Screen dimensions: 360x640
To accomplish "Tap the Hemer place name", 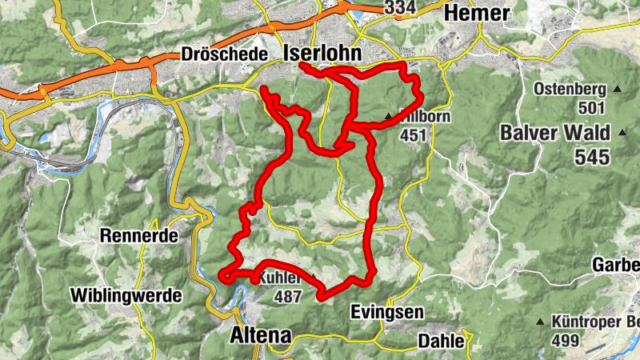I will click(476, 13).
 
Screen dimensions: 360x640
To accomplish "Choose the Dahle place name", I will click(441, 342).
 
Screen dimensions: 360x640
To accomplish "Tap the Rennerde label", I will click(138, 236).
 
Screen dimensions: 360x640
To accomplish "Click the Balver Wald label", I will click(554, 133).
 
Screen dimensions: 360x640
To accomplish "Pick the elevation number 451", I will click(414, 135).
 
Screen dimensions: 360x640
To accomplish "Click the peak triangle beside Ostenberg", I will click(617, 90).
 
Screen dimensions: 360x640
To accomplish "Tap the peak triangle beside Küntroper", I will click(541, 322).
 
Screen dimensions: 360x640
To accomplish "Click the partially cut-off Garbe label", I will click(615, 265).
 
